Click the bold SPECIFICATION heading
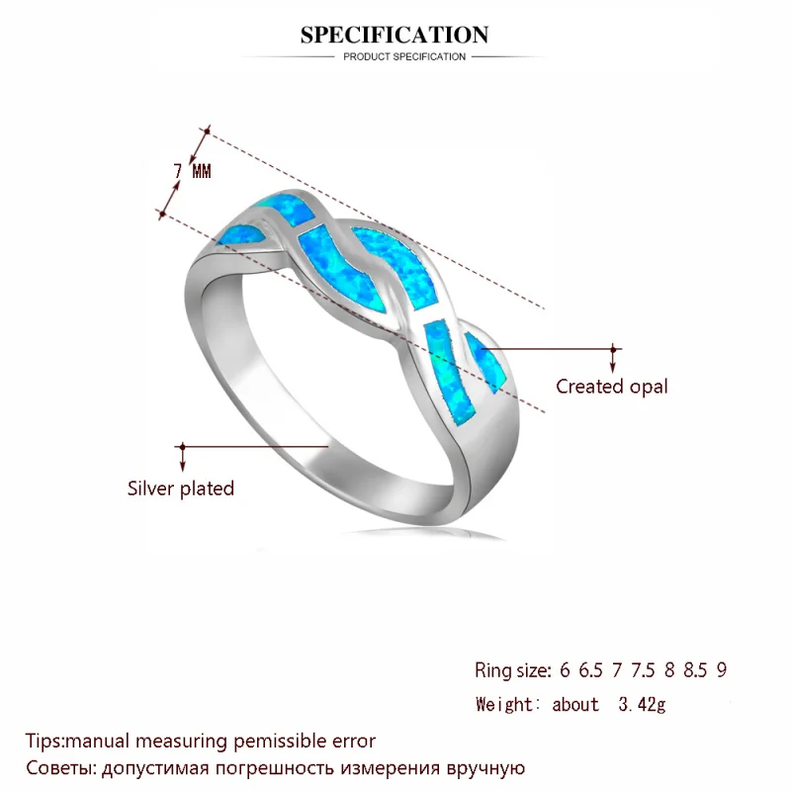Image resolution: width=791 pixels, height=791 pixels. (394, 35)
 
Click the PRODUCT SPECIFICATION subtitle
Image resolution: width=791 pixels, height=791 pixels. (404, 57)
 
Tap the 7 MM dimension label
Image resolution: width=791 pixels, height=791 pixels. (192, 171)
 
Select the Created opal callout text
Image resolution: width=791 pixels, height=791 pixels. (611, 387)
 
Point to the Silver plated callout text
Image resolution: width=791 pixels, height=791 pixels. (181, 488)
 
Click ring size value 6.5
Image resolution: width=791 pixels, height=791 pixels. (590, 670)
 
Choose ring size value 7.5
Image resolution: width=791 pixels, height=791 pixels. (643, 670)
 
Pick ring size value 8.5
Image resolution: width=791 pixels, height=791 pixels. (695, 670)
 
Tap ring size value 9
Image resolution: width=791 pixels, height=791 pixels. (722, 670)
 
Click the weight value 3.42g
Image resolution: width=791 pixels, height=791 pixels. (642, 704)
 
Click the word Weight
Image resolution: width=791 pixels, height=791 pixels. (504, 704)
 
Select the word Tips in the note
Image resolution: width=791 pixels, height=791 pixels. (43, 741)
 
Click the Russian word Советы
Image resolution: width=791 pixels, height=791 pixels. (59, 768)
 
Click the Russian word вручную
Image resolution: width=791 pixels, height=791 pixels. (485, 769)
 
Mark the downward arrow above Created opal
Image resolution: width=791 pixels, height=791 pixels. (613, 360)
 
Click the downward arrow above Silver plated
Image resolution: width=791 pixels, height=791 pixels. (183, 458)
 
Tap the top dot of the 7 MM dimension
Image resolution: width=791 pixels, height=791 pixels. (207, 132)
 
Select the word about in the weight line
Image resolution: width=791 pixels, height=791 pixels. (575, 704)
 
